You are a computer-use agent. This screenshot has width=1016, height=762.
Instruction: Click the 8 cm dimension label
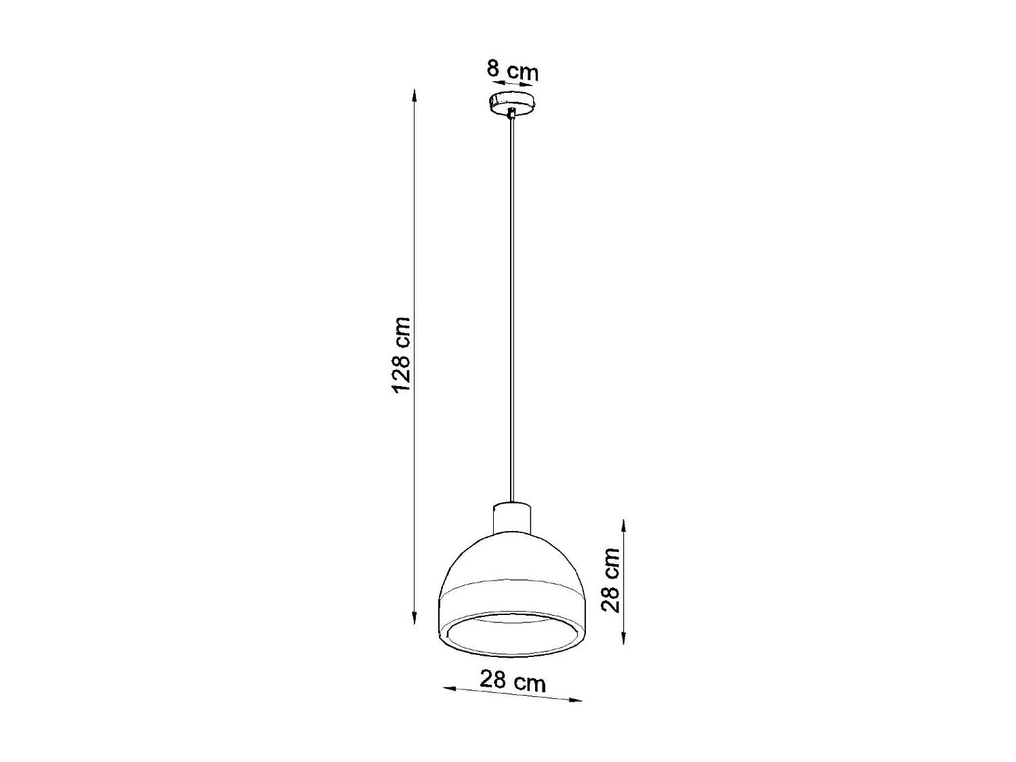(513, 70)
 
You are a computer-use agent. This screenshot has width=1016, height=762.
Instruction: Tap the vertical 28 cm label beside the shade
(611, 580)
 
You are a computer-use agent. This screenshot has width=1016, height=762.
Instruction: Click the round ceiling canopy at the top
(513, 104)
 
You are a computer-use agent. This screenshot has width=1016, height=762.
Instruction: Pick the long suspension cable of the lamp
(513, 305)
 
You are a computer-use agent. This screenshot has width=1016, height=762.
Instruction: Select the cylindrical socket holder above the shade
(513, 518)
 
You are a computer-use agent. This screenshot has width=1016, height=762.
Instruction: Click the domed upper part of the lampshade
(513, 555)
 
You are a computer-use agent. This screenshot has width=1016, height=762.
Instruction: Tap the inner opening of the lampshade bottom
(513, 634)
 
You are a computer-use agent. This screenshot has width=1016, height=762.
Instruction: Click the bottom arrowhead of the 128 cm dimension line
(415, 620)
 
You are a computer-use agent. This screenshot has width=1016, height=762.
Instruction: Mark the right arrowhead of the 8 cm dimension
(524, 86)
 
